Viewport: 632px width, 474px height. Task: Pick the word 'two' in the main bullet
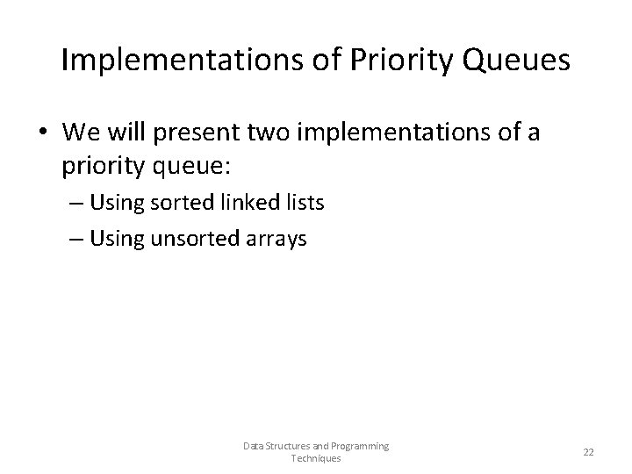coord(270,133)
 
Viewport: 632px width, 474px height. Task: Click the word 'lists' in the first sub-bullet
coord(302,203)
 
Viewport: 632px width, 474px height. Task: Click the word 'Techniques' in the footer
coord(316,458)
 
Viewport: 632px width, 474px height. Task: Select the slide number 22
coord(588,452)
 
